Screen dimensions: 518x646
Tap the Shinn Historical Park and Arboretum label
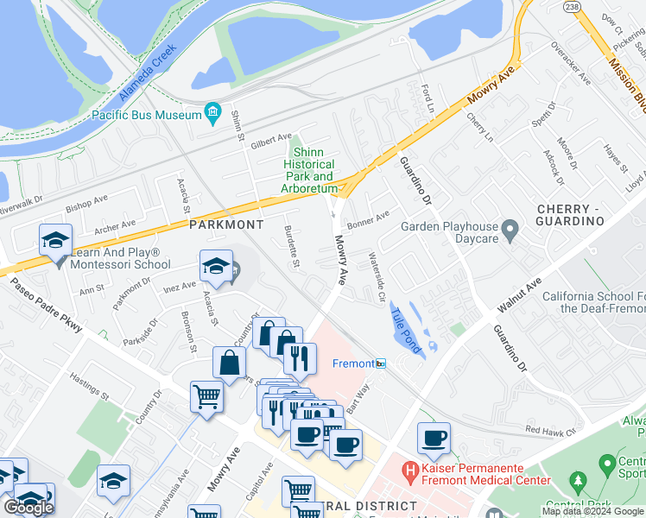[309, 170]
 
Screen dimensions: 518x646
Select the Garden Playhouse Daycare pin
[510, 230]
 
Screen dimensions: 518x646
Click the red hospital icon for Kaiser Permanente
[410, 472]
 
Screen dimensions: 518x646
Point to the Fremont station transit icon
[380, 364]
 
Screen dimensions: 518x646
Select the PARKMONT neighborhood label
[226, 224]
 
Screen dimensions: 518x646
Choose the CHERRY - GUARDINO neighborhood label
[569, 216]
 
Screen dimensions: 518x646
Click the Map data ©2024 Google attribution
[593, 511]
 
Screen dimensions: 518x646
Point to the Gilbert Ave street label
[271, 140]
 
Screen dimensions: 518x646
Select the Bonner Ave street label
[368, 220]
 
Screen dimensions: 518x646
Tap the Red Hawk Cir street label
[550, 429]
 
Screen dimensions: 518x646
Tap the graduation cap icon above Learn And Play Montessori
[55, 240]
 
